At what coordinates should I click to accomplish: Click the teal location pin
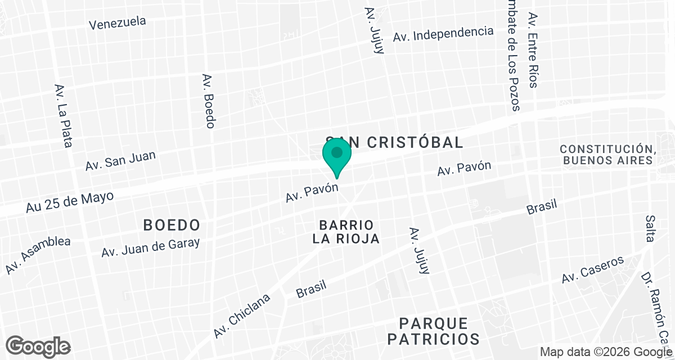[x=337, y=156]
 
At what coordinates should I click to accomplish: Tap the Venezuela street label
[x=118, y=23]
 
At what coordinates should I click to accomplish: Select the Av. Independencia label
[x=443, y=33]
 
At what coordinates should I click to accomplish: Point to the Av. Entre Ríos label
[x=532, y=50]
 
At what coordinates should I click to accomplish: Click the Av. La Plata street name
[x=63, y=115]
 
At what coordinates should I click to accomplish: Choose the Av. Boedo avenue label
[x=209, y=101]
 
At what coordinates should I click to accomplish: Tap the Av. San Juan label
[x=120, y=160]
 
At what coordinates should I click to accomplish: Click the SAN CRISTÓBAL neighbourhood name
[x=395, y=142]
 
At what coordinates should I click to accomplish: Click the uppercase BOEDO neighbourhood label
[x=172, y=225]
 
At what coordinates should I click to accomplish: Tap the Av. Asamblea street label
[x=38, y=255]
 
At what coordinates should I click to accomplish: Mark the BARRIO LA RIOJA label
[x=346, y=232]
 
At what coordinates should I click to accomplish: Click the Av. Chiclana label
[x=242, y=315]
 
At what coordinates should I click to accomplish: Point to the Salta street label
[x=650, y=228]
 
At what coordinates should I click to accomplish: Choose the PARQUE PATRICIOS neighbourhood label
[x=433, y=331]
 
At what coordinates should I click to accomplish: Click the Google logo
[x=38, y=345]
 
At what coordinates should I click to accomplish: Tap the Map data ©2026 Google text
[x=606, y=352]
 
